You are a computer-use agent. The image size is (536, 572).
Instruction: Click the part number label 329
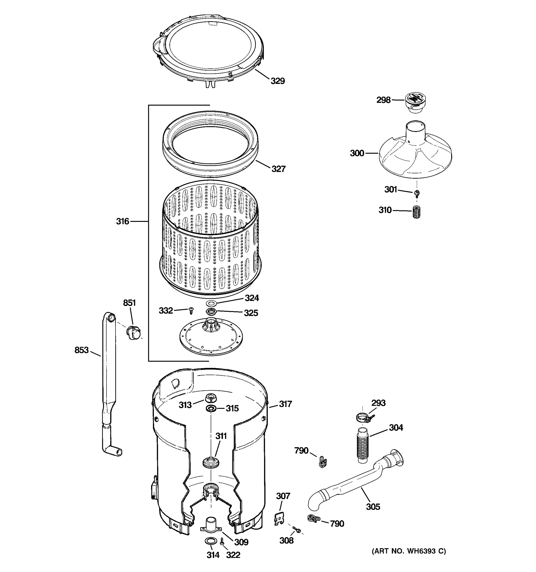tap(278, 81)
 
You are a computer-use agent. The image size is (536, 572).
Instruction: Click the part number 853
tap(82, 350)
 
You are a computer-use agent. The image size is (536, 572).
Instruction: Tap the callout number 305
tap(373, 507)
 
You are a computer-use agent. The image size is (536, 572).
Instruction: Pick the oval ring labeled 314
tap(210, 541)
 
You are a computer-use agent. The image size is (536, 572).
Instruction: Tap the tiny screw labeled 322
tap(222, 541)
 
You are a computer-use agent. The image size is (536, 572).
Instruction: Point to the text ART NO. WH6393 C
tap(409, 551)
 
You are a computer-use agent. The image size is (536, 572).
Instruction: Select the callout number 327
tap(278, 169)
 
